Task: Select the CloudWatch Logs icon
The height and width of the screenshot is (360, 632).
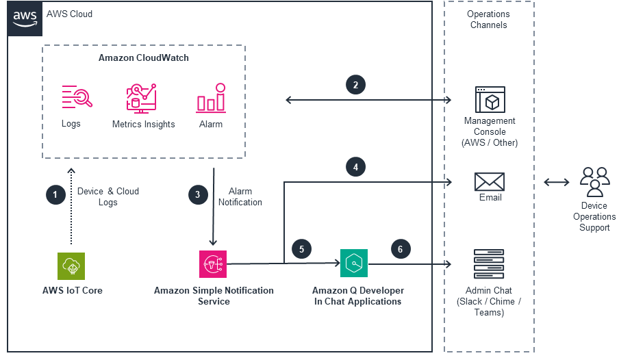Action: [76, 97]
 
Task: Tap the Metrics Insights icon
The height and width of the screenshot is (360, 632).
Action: [142, 98]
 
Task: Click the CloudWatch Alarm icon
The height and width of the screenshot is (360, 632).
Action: [211, 98]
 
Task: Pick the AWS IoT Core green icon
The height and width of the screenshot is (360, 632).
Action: [71, 266]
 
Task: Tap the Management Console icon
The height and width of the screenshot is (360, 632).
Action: [490, 100]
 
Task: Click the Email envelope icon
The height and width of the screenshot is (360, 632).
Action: [490, 182]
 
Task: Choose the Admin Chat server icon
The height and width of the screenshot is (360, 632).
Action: [489, 264]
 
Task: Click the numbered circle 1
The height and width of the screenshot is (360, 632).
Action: [55, 195]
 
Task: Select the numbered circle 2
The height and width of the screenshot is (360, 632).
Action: [355, 85]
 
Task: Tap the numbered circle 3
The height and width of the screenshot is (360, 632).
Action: [197, 195]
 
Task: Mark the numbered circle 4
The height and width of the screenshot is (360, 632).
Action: [355, 166]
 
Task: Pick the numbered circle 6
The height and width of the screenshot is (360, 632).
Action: [401, 249]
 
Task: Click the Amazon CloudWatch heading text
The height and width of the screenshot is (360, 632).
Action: [144, 58]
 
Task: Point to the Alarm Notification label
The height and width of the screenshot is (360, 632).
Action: [240, 196]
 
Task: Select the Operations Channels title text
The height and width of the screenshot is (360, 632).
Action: [488, 19]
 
